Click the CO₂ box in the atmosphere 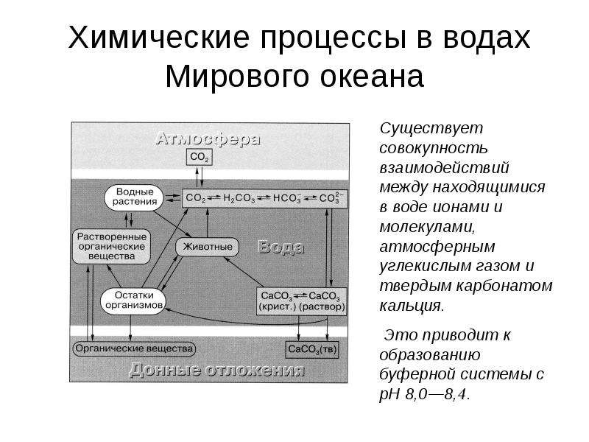pos(199,157)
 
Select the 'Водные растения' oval pos(134,197)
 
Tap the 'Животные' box pos(208,247)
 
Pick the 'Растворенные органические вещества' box pos(112,247)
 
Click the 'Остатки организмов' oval pos(133,301)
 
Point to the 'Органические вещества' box pos(134,348)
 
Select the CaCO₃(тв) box pos(311,349)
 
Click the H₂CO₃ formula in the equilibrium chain pos(239,198)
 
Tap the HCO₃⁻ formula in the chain pos(287,198)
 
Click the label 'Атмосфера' pos(208,139)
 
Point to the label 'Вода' pos(281,248)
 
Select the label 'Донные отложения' pos(216,370)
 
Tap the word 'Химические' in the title pos(158,38)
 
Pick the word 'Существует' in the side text pos(431,128)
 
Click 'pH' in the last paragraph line pos(389,395)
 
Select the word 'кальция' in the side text pos(412,306)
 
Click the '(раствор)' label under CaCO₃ pos(322,306)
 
